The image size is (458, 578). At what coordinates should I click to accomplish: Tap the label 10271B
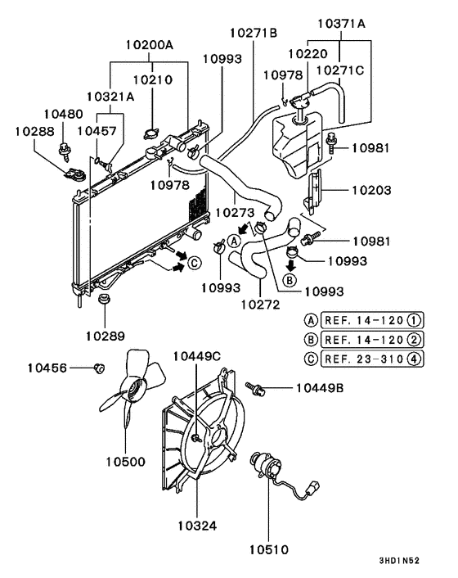[x=253, y=33]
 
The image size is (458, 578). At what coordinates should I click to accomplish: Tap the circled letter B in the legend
[x=311, y=337]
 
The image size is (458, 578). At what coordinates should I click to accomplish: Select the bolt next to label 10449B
[x=256, y=386]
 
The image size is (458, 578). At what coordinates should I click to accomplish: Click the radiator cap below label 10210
[x=149, y=133]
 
